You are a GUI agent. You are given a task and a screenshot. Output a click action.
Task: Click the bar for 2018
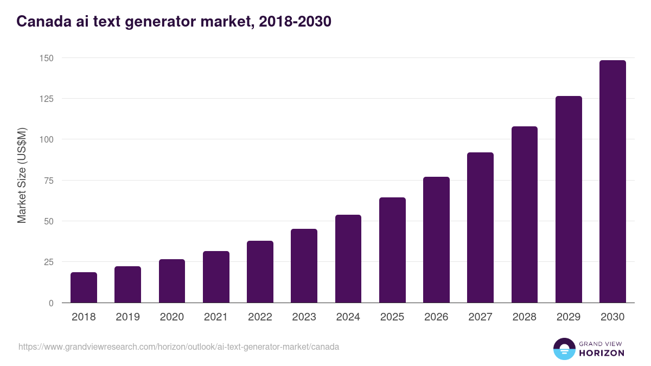click(x=84, y=287)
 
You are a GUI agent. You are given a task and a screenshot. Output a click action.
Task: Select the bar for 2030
click(x=612, y=182)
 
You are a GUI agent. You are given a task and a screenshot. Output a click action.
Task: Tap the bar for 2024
click(x=348, y=259)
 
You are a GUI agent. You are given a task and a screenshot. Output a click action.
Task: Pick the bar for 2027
click(x=480, y=228)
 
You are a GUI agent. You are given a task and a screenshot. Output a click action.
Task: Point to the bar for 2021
click(x=216, y=277)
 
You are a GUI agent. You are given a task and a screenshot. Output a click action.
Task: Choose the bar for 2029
click(x=569, y=200)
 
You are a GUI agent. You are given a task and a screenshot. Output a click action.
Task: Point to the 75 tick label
click(x=48, y=181)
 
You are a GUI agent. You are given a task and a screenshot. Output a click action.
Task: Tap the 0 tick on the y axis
click(x=51, y=303)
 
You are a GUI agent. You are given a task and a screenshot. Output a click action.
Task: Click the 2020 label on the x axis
click(x=171, y=317)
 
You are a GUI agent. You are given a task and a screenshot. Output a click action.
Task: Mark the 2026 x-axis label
click(x=436, y=317)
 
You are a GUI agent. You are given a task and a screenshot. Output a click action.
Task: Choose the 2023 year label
click(x=304, y=317)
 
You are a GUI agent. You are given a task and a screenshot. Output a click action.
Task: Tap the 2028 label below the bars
click(x=524, y=317)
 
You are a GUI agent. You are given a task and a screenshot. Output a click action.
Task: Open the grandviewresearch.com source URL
click(x=178, y=346)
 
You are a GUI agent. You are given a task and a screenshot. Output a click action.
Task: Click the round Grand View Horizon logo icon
click(x=564, y=349)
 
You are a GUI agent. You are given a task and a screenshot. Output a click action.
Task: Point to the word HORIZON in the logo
click(x=602, y=353)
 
